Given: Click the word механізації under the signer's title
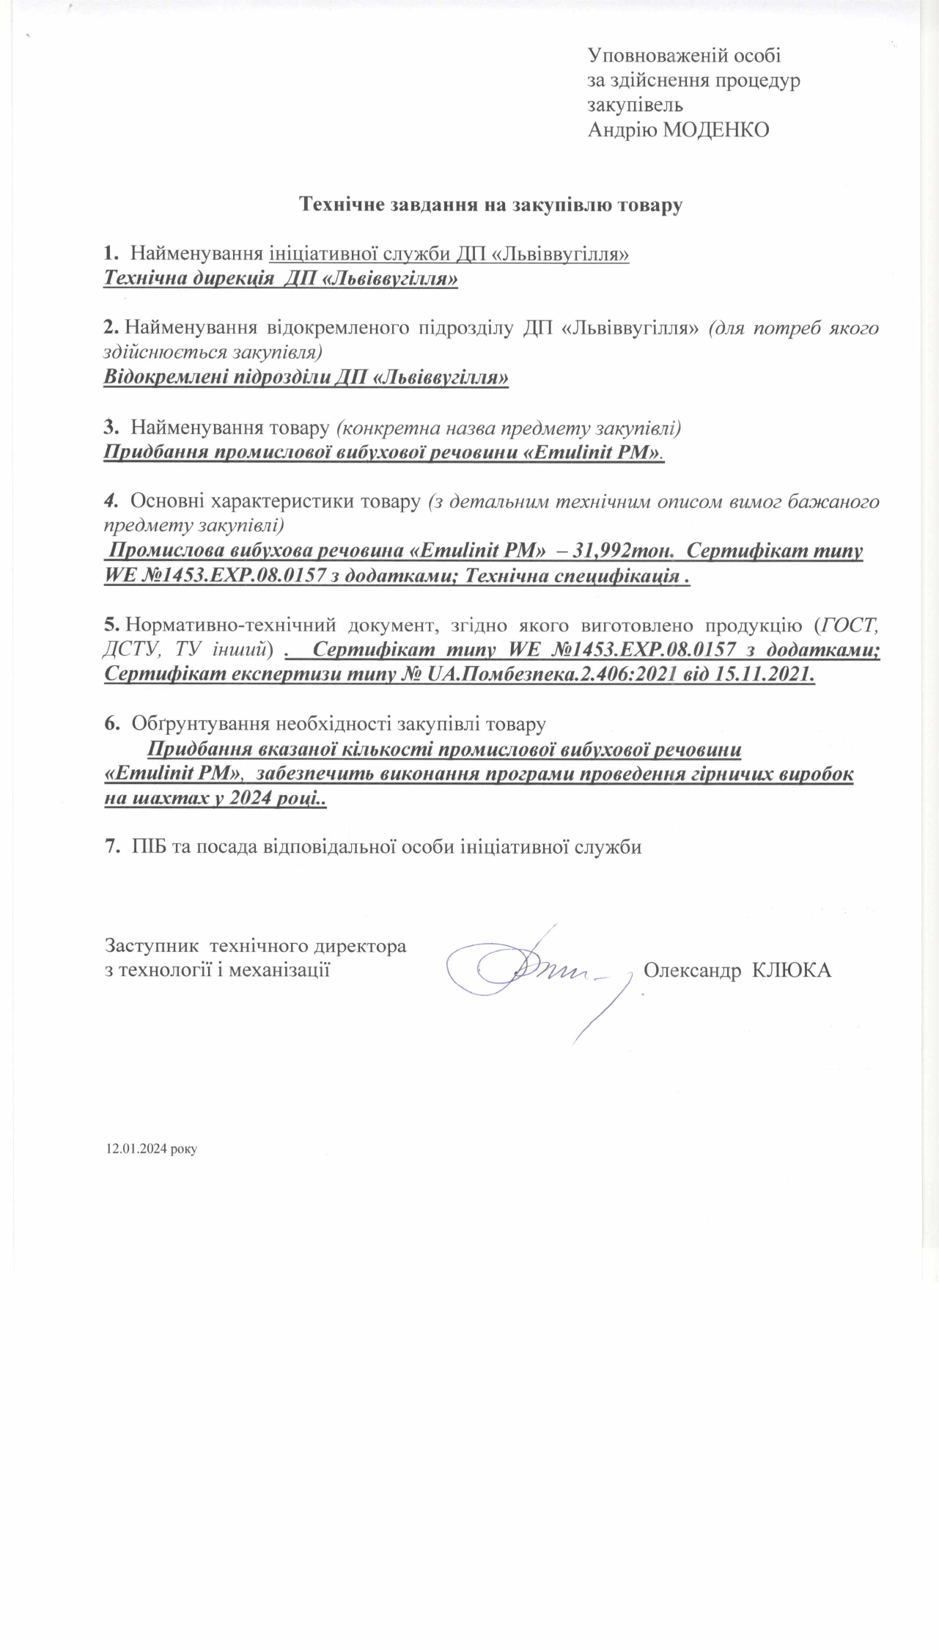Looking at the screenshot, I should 282,970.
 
